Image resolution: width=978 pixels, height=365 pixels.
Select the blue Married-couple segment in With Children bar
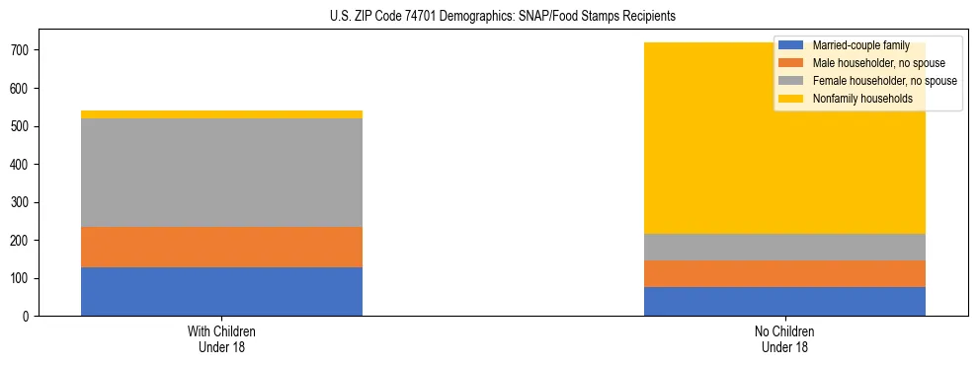click(x=221, y=291)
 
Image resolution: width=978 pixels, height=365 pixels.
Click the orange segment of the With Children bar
click(x=221, y=247)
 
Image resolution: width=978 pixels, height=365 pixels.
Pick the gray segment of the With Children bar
click(x=221, y=173)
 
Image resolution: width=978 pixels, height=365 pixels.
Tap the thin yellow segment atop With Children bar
click(x=221, y=114)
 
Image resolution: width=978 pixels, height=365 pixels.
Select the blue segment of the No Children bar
click(x=784, y=301)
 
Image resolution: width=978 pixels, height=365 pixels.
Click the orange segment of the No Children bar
click(x=784, y=273)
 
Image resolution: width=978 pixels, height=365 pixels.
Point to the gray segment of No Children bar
click(x=784, y=247)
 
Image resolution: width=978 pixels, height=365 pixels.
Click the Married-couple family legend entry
click(x=857, y=45)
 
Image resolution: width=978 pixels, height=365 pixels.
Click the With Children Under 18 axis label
click(x=221, y=338)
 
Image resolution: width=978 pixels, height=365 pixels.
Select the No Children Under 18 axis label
click(x=784, y=338)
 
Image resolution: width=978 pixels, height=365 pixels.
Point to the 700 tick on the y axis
click(x=23, y=50)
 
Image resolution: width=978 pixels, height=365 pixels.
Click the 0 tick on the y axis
click(x=30, y=316)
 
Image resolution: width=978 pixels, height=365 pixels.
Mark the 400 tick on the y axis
click(x=23, y=164)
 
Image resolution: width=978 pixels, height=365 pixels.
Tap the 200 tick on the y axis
click(x=23, y=240)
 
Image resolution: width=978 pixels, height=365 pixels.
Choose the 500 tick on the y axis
click(x=23, y=126)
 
